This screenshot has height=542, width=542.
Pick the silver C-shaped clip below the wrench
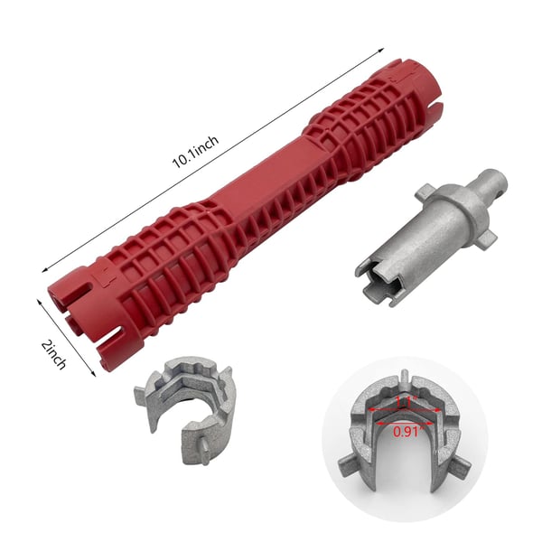185,401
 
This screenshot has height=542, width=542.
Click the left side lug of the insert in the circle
349,467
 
